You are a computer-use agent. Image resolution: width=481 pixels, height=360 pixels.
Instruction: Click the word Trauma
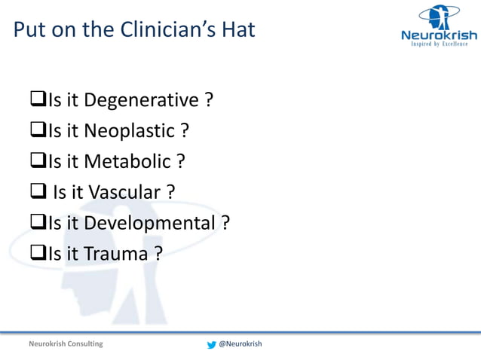tap(115, 255)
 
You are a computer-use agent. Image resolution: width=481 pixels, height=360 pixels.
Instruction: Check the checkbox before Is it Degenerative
tap(38, 100)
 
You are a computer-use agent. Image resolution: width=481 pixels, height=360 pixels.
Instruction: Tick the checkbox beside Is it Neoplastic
tap(38, 131)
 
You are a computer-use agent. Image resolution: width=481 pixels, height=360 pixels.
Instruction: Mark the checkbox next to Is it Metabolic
tap(38, 162)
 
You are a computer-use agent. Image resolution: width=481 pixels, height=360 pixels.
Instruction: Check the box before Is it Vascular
tap(38, 193)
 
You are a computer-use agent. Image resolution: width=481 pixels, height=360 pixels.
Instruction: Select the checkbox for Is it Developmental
tap(38, 224)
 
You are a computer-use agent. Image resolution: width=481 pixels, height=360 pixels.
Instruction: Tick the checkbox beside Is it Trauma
tap(38, 255)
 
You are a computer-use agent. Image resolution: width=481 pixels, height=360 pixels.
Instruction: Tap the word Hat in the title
tap(238, 30)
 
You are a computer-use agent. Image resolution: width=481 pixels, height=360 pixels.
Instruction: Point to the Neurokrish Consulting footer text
tap(66, 344)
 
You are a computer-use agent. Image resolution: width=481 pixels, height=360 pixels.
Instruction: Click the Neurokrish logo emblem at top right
tap(439, 17)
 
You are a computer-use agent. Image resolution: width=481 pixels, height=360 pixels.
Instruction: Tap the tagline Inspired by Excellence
tap(439, 44)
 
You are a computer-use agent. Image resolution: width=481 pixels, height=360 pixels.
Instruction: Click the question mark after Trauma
tap(158, 255)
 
